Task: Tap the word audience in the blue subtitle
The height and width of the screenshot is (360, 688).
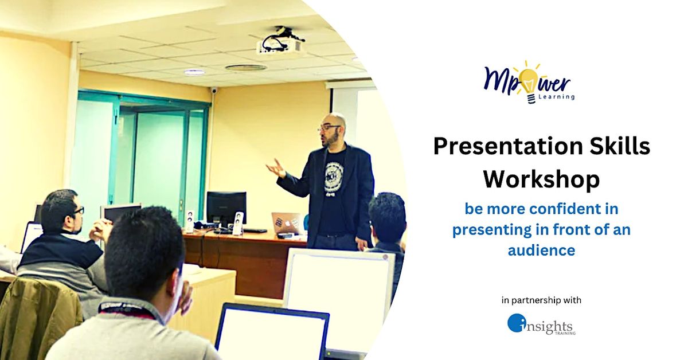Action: click(541, 251)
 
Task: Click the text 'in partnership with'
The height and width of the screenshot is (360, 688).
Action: click(541, 300)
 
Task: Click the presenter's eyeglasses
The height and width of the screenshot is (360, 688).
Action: click(329, 128)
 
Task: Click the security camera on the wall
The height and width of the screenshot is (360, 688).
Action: click(214, 90)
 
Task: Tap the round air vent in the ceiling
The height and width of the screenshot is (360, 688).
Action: click(245, 68)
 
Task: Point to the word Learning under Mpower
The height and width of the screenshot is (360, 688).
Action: click(557, 97)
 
